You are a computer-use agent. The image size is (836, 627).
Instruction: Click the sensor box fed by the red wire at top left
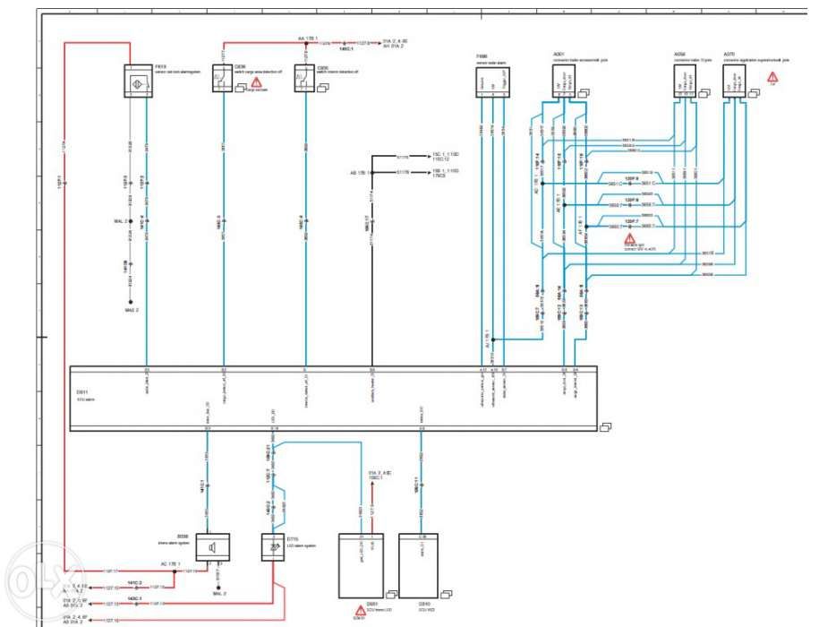[137, 82]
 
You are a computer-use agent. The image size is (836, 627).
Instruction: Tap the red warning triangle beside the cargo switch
[256, 82]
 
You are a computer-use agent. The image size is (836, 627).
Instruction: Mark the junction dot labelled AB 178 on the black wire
[371, 172]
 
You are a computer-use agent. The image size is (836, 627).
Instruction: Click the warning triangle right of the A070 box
[772, 77]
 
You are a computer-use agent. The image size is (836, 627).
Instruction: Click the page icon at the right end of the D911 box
[605, 425]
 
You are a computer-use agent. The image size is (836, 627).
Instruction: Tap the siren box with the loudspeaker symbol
[212, 547]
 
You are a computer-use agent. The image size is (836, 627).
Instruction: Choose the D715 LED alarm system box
[272, 547]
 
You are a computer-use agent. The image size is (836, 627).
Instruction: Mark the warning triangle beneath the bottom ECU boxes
[360, 612]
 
